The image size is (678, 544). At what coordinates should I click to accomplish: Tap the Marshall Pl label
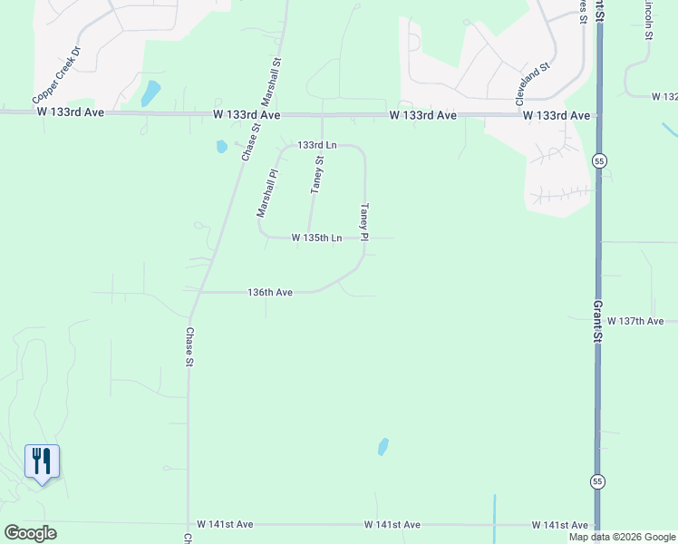coord(266,192)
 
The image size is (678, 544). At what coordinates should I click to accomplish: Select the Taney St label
coord(316,174)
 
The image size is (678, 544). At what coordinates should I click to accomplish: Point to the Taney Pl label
coord(364,221)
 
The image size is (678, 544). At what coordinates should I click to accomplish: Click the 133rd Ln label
coord(317,145)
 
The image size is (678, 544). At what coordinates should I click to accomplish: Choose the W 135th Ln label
coord(316,238)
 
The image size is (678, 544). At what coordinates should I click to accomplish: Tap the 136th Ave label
coord(270,292)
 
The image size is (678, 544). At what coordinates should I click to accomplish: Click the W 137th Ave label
coord(635,321)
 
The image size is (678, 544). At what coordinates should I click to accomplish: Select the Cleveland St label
coord(533,85)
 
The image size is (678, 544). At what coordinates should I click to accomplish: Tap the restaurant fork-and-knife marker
coord(42,461)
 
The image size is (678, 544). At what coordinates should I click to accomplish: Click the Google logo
coord(30,533)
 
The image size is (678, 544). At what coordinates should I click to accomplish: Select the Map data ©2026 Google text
coord(622,537)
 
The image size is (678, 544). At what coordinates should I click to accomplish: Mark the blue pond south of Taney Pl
coord(383,446)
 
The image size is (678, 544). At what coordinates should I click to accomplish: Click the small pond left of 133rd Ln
coord(221,146)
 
